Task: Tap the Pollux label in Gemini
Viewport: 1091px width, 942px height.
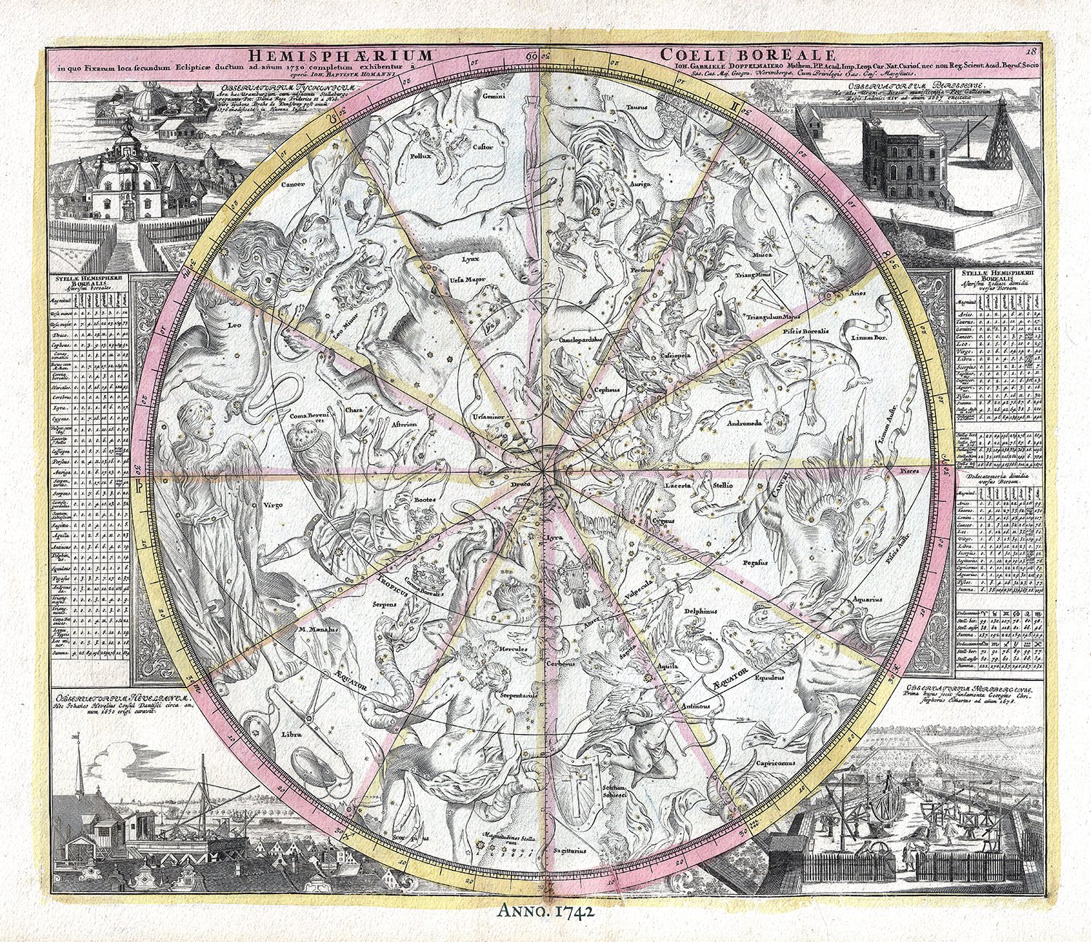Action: [422, 155]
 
